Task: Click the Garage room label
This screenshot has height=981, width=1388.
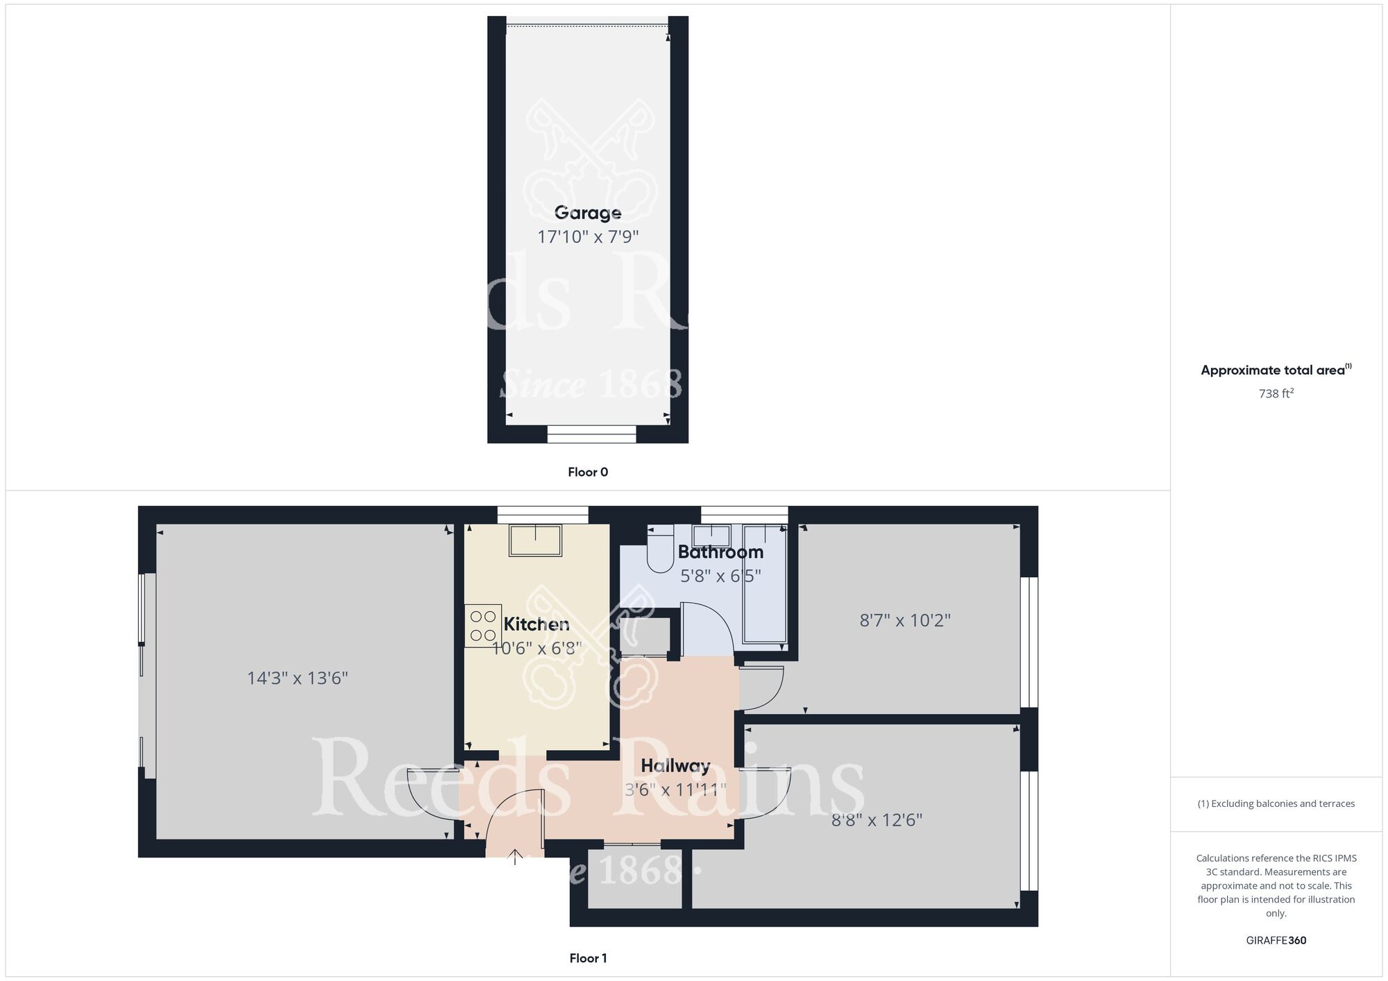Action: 588,213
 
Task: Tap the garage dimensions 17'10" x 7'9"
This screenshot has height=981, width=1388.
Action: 588,237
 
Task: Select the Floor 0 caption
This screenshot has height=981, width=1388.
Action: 588,472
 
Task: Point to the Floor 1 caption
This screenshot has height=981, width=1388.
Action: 588,958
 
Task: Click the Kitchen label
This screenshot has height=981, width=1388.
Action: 536,624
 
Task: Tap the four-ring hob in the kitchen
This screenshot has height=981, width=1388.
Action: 483,626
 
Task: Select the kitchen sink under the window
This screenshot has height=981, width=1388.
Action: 536,540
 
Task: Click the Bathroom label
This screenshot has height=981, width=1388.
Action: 720,552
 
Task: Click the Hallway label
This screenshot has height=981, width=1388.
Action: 675,766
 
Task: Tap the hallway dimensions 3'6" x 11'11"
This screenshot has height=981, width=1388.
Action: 675,790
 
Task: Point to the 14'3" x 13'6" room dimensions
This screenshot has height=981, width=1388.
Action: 298,678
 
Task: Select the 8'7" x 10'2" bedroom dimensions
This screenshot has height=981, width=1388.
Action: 905,620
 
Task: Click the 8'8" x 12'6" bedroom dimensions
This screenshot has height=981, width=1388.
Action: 877,820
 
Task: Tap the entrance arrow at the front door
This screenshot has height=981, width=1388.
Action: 515,858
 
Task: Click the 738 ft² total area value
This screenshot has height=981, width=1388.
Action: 1276,393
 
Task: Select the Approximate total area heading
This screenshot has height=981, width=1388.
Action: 1276,370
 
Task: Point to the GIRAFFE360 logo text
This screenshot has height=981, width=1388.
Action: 1276,941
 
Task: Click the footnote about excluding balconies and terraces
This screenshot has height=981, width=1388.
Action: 1276,803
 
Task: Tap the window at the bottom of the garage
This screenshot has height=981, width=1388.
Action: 591,434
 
